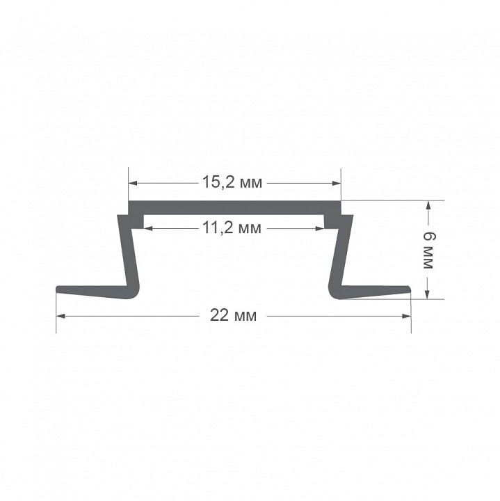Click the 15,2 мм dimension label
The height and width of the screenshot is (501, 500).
232,182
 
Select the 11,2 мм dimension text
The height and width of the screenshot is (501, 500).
232,228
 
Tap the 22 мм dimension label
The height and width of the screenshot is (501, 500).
233,316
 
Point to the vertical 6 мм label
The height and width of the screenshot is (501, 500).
428,250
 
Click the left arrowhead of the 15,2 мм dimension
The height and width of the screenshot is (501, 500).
133,183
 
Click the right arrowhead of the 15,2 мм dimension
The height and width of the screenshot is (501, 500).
337,183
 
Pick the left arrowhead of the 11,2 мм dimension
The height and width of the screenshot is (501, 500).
147,228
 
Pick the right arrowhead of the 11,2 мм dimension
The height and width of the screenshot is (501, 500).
320,228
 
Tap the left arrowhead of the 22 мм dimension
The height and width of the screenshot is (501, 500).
61,317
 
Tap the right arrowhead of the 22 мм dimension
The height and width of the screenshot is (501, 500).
406,317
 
